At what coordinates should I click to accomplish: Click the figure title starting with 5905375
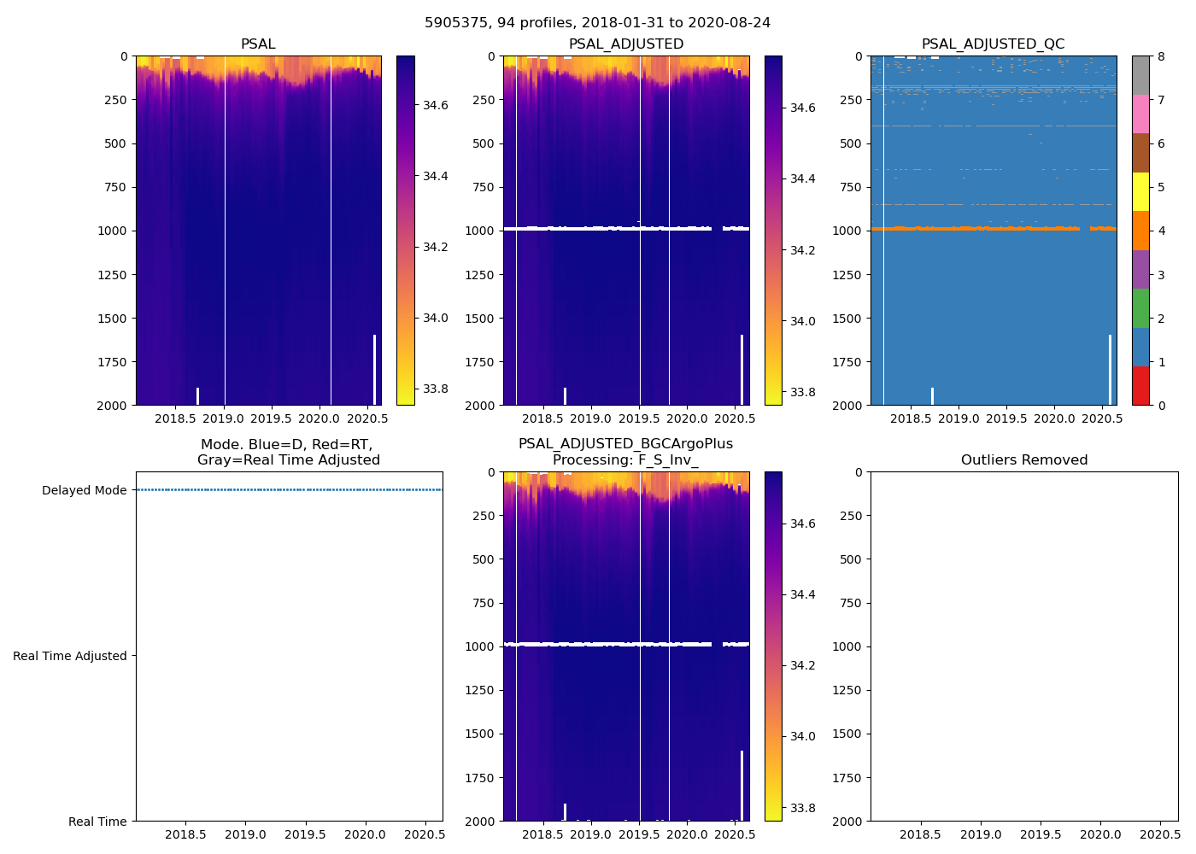[x=597, y=23]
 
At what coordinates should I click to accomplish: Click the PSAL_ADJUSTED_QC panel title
[x=993, y=44]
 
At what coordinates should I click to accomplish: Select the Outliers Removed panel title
[x=1023, y=460]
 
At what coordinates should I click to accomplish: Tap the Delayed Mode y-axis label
[x=84, y=490]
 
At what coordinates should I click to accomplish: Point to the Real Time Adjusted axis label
[x=70, y=656]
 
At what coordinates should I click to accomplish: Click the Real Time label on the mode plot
[x=97, y=822]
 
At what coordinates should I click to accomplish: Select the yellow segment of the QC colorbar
[x=1140, y=191]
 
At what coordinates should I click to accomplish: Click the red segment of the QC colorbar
[x=1140, y=386]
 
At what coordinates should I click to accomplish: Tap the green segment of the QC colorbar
[x=1140, y=308]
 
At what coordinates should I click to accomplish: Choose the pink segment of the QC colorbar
[x=1140, y=114]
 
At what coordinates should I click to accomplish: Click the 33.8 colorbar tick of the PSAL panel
[x=436, y=389]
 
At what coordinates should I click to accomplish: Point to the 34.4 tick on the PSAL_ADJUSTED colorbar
[x=802, y=179]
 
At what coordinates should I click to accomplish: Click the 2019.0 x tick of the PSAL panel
[x=224, y=419]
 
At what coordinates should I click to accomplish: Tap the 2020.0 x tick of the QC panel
[x=1054, y=419]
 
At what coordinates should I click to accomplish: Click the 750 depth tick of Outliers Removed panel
[x=849, y=603]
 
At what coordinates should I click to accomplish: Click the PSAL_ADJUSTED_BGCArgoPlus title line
[x=625, y=444]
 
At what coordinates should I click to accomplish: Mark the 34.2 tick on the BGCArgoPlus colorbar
[x=802, y=665]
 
